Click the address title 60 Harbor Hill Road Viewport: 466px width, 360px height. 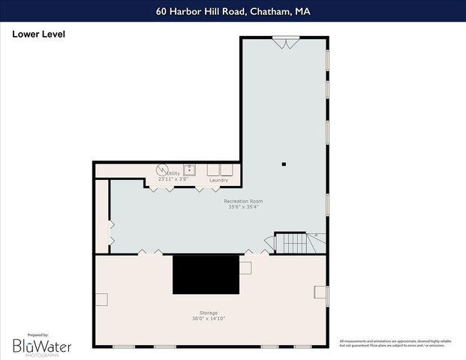[233, 11]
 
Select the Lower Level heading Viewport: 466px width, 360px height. [38, 34]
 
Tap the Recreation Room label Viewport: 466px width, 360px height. [244, 201]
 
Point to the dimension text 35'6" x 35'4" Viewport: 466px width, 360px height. [244, 208]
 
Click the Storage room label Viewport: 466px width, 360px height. [209, 312]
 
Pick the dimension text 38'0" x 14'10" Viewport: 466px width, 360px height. [209, 319]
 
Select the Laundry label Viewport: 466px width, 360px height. [218, 180]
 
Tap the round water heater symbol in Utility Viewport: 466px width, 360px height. [161, 169]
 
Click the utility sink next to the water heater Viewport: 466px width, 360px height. [191, 169]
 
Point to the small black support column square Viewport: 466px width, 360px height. [284, 163]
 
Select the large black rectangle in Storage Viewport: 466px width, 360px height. [206, 274]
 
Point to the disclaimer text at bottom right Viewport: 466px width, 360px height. [395, 343]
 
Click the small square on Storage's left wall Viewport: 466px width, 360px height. [101, 299]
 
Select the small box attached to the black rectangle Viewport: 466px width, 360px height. [245, 267]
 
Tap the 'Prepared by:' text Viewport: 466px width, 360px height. [37, 334]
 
